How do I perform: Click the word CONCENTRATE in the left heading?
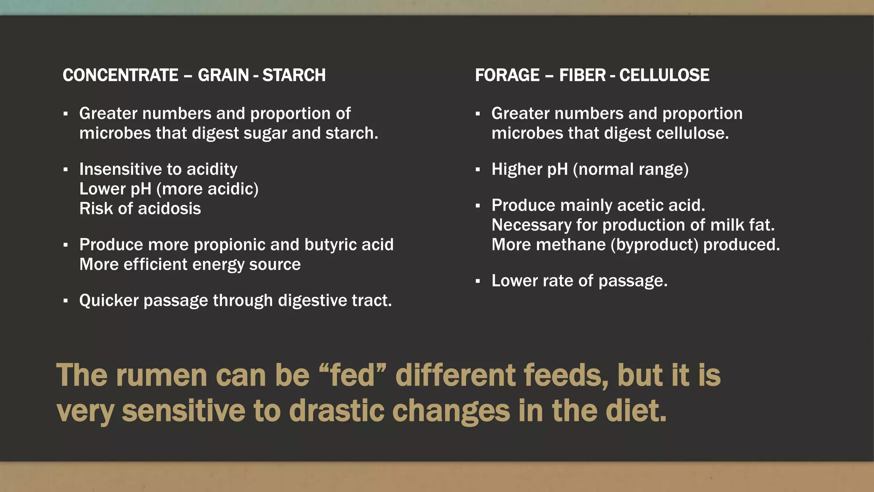point(120,75)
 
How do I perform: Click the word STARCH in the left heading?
point(294,75)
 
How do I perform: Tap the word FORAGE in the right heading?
point(507,75)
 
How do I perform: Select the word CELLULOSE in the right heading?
point(664,75)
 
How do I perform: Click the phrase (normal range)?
point(630,170)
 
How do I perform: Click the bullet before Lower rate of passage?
point(478,281)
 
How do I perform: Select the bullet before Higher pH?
point(478,170)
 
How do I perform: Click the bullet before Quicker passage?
point(65,301)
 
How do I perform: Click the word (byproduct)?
point(654,245)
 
